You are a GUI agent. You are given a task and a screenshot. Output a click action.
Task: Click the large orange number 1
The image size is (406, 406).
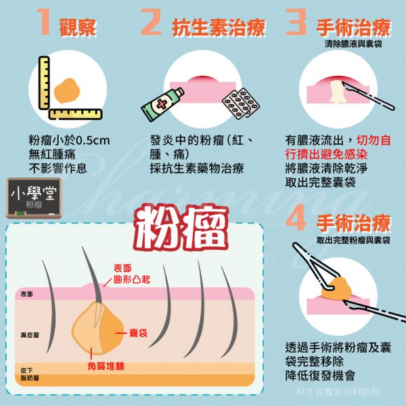point(44,22)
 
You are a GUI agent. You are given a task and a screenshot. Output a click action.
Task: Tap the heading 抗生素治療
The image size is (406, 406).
point(219,28)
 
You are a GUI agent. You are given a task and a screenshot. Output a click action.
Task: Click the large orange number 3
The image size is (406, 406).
point(296,22)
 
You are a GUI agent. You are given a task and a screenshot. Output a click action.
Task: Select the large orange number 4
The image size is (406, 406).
point(296,217)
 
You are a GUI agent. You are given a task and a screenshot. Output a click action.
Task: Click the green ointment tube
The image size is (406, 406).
point(162,104)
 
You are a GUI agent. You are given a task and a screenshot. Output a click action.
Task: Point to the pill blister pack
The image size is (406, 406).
point(241,104)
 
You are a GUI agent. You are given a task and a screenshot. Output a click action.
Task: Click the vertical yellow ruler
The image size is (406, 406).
point(44,83)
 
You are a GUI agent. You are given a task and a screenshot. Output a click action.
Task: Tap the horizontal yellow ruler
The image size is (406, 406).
point(75,114)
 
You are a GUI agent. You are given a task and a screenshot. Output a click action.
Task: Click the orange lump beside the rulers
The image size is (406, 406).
point(67,91)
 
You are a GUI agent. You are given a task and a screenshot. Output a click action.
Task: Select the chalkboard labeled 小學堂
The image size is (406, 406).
point(34,198)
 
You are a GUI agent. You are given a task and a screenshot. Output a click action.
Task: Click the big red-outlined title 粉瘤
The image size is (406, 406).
point(181,228)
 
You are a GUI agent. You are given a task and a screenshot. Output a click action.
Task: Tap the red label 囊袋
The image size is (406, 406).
point(138,333)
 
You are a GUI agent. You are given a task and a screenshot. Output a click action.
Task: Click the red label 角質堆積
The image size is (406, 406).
point(106,366)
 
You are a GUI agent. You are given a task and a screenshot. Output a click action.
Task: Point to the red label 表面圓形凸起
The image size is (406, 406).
point(131,273)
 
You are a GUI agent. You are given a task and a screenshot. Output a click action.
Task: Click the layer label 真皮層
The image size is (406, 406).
point(30,336)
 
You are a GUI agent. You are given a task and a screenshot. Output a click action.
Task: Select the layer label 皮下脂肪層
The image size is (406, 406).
point(30,374)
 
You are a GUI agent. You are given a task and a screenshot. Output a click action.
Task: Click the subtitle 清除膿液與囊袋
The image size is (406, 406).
point(353,44)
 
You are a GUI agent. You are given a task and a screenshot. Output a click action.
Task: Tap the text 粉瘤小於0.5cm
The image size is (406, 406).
point(70,141)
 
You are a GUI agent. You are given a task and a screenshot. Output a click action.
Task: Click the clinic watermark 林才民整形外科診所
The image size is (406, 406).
point(338,392)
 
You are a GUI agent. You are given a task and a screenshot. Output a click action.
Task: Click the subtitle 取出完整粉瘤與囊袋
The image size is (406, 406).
point(353,240)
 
